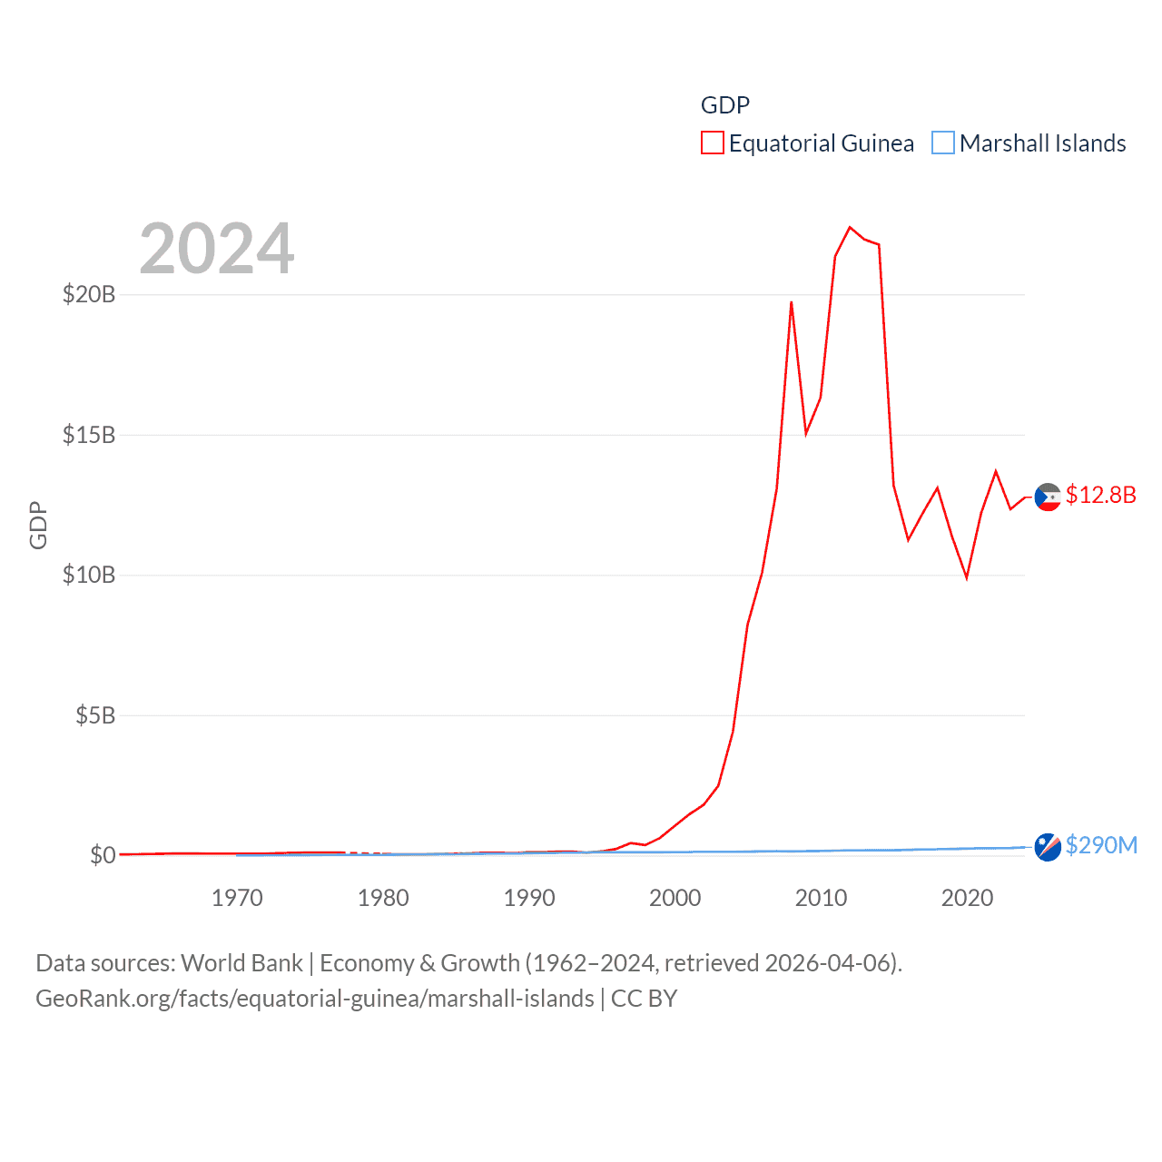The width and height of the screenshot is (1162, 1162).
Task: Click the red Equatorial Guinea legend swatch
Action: (713, 143)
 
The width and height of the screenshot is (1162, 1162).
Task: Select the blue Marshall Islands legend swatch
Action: (943, 143)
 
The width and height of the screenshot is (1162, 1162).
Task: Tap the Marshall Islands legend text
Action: (1042, 143)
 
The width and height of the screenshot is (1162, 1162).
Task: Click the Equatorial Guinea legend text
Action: (821, 143)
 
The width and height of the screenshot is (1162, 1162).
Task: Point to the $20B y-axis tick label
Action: (89, 294)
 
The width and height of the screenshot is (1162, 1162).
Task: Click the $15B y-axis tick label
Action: (89, 435)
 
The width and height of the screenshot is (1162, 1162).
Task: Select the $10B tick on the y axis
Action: (89, 575)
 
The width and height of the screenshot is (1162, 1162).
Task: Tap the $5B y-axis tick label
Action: (95, 715)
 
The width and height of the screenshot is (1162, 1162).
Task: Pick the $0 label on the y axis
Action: (103, 855)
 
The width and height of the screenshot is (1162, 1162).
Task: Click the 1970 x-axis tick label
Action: (237, 898)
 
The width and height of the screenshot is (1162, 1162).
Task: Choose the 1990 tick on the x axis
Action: (529, 898)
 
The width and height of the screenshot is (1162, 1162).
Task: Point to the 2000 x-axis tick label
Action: (675, 898)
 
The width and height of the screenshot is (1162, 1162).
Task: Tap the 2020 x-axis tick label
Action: (967, 898)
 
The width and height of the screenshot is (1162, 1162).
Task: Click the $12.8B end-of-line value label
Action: (1100, 495)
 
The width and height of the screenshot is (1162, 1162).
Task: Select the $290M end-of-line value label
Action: (1101, 845)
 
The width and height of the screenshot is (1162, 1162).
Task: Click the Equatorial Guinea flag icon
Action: (1048, 497)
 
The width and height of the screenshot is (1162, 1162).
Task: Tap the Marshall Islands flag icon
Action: (1048, 847)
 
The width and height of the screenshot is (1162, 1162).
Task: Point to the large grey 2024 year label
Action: (217, 249)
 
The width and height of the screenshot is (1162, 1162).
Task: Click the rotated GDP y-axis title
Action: (38, 525)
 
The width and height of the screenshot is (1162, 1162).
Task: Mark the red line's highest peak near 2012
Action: (850, 227)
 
